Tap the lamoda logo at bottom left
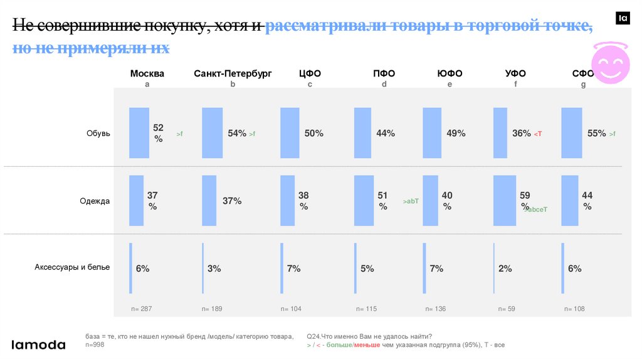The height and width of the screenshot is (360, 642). [39, 344]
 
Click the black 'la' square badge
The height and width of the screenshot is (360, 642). [623, 18]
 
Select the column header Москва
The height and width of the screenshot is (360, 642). [147, 73]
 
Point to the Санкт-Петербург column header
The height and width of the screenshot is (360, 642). [233, 73]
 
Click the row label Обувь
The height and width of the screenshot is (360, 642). [98, 133]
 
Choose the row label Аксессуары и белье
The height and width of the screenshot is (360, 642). [72, 267]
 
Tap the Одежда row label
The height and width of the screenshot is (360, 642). [95, 201]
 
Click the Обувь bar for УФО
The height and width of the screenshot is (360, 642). [500, 132]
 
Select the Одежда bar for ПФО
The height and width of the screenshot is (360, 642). [364, 200]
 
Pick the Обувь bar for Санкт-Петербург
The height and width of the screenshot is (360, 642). [213, 132]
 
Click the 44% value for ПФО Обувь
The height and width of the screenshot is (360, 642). [386, 133]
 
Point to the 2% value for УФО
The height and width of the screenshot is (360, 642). [505, 268]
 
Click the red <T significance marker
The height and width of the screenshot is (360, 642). [537, 134]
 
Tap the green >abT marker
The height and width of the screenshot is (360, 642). [411, 201]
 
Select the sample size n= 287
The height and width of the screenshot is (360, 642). [142, 309]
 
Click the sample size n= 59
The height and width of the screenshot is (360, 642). [506, 309]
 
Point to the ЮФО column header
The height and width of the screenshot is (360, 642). [450, 73]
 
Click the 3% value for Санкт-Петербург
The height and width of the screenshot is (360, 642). [214, 268]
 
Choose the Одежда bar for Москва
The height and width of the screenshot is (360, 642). [136, 200]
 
